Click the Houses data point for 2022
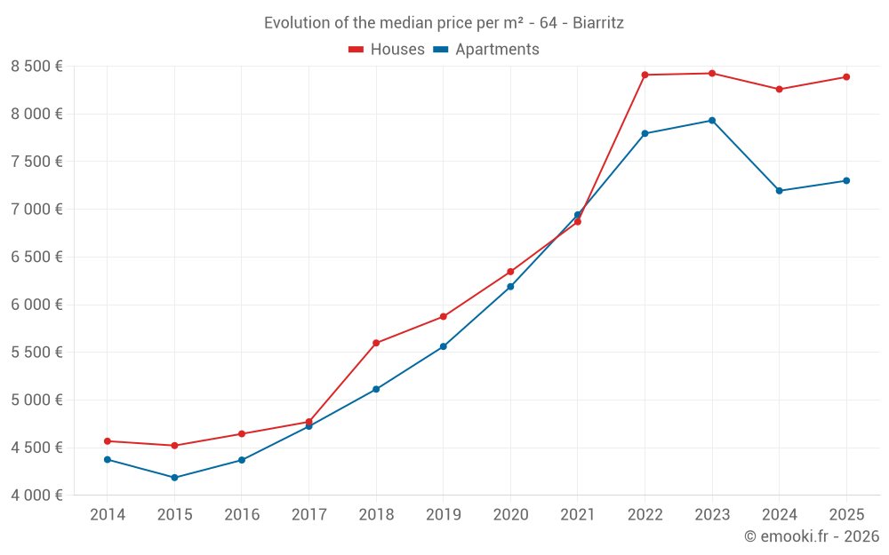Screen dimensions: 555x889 click(x=645, y=75)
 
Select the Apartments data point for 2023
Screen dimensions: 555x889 click(x=712, y=121)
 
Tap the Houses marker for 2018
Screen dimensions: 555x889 click(x=376, y=343)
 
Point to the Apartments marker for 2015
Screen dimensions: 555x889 click(x=174, y=478)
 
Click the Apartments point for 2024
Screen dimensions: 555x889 click(x=780, y=191)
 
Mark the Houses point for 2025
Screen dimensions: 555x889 click(x=846, y=77)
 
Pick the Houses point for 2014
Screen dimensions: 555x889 click(x=108, y=441)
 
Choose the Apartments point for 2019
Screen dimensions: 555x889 click(x=444, y=346)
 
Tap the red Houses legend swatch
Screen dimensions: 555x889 click(x=356, y=50)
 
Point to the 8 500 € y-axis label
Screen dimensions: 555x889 click(x=36, y=67)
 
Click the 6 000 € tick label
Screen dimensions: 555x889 click(x=36, y=305)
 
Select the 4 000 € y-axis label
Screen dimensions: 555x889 click(x=36, y=496)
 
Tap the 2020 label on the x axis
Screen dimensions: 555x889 click(x=510, y=515)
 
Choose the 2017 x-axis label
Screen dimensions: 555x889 click(x=308, y=515)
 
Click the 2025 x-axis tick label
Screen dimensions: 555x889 click(x=846, y=515)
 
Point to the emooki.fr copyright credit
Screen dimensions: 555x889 click(x=812, y=536)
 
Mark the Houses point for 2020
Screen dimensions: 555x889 click(x=510, y=272)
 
